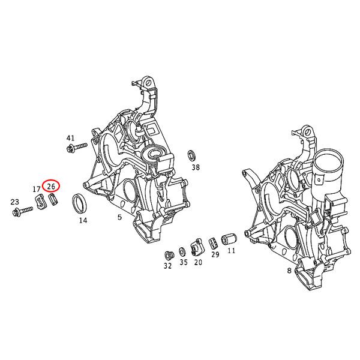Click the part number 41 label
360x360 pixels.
70,138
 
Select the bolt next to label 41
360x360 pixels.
79,146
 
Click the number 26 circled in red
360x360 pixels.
51,187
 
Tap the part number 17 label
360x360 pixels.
37,190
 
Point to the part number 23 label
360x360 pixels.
15,202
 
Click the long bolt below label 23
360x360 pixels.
23,210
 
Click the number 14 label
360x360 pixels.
83,220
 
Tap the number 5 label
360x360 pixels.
120,217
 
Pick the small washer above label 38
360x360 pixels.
191,154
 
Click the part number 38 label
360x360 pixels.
195,167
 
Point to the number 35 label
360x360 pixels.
183,262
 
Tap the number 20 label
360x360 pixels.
198,262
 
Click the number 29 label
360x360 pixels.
215,255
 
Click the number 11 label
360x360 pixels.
231,250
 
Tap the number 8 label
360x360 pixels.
289,271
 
